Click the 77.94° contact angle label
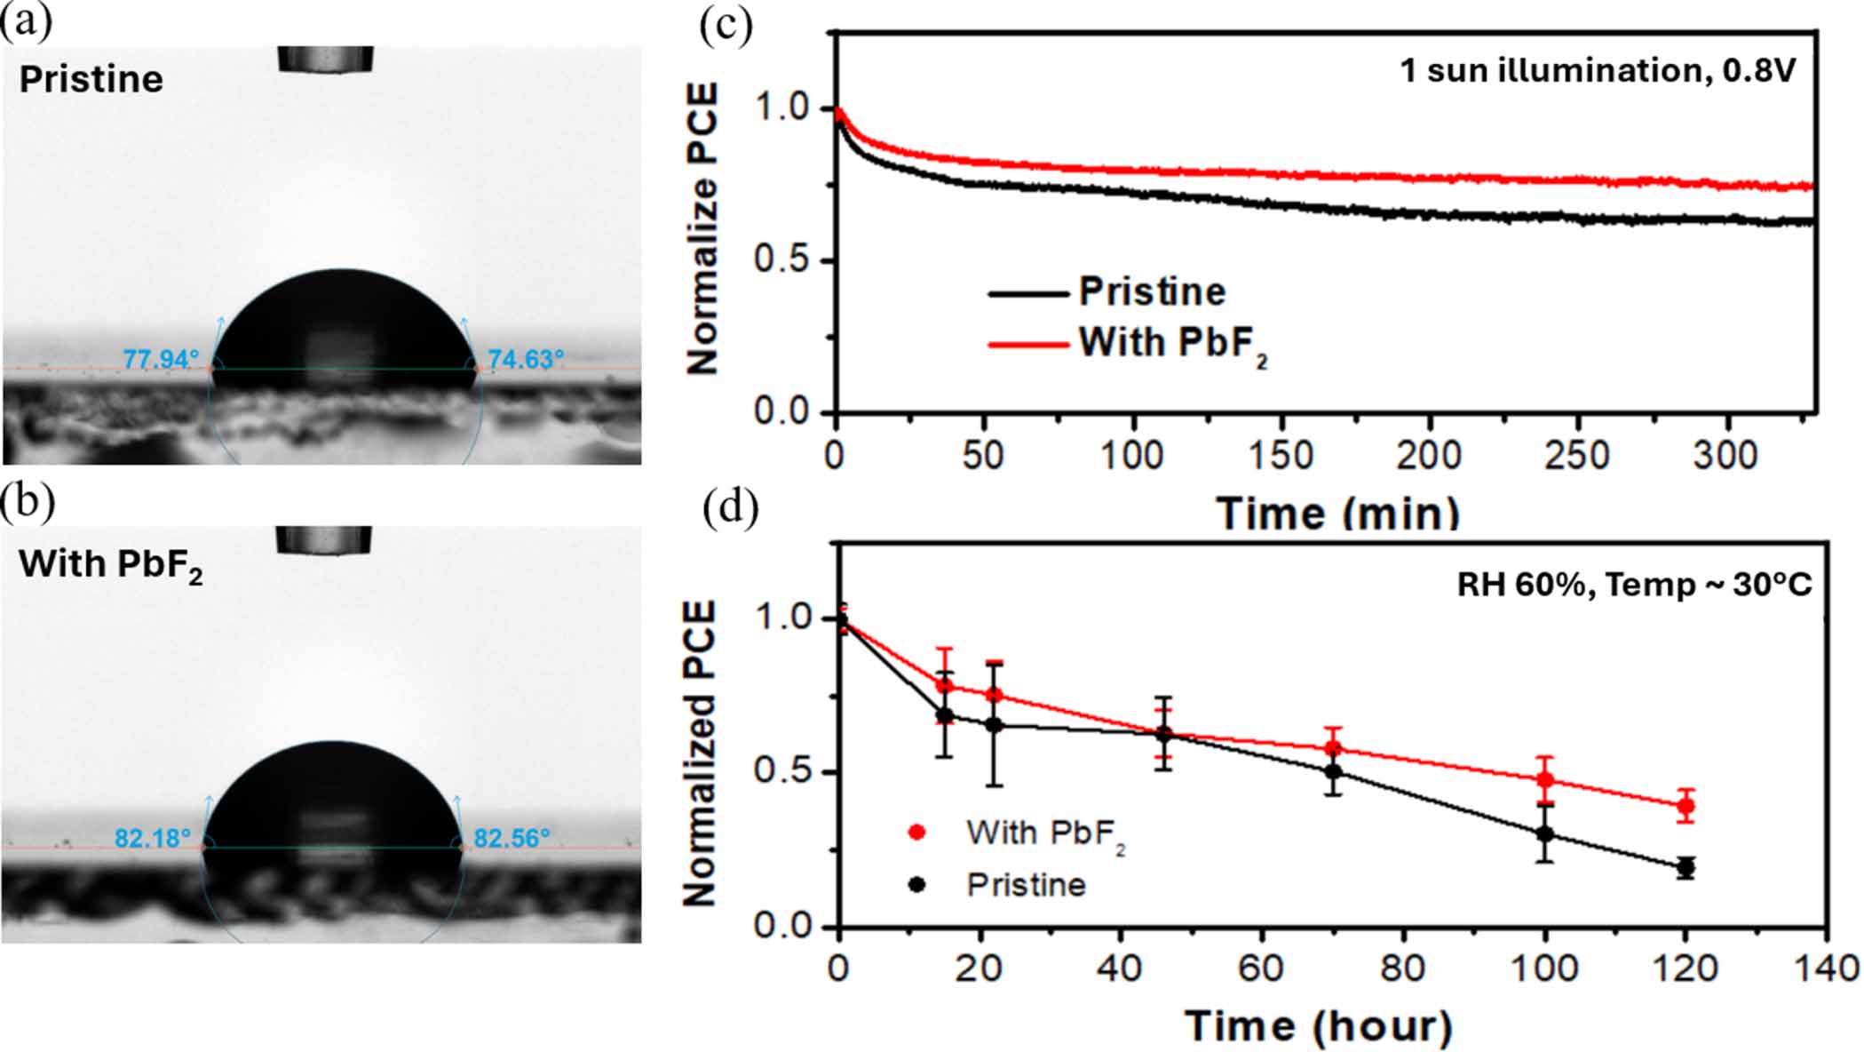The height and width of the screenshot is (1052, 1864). pyautogui.click(x=160, y=360)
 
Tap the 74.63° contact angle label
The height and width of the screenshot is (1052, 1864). pyautogui.click(x=526, y=360)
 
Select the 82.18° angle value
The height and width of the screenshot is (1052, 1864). pyautogui.click(x=153, y=839)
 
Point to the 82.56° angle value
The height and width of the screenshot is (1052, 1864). pyautogui.click(x=512, y=839)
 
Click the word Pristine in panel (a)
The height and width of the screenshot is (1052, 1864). pyautogui.click(x=91, y=80)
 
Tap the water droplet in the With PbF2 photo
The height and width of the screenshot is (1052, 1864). pyautogui.click(x=333, y=800)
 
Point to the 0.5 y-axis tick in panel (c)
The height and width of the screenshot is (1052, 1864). pyautogui.click(x=781, y=260)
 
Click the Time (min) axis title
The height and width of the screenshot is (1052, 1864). pyautogui.click(x=1338, y=514)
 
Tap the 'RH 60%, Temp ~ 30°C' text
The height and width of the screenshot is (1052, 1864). pyautogui.click(x=1634, y=586)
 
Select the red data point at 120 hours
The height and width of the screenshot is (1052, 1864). pyautogui.click(x=1686, y=807)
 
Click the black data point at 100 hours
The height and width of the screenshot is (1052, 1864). pyautogui.click(x=1545, y=834)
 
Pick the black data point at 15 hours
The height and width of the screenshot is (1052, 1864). pyautogui.click(x=945, y=715)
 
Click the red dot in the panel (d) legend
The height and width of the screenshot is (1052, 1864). pyautogui.click(x=917, y=833)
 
